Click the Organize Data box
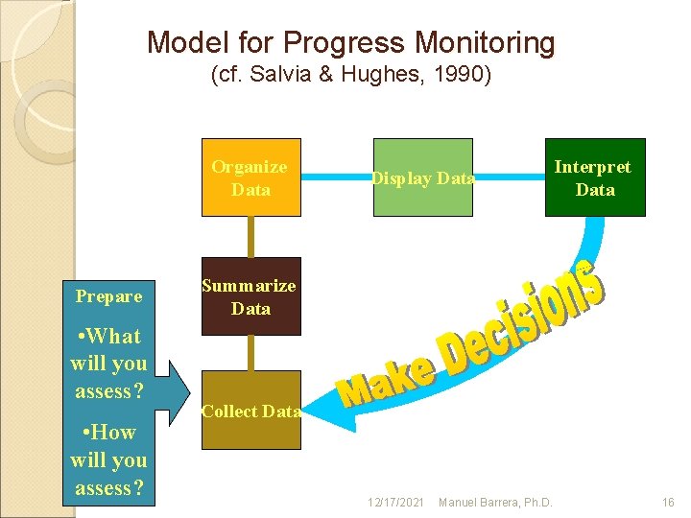point(250,177)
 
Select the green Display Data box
point(422,177)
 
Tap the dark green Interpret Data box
point(595,177)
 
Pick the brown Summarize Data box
point(250,296)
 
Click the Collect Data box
point(250,411)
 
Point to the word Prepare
point(109,296)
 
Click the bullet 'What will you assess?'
point(109,364)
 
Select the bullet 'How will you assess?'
point(109,459)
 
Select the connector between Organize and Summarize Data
point(250,237)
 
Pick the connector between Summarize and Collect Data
point(250,352)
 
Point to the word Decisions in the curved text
point(523,316)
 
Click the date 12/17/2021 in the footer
point(396,503)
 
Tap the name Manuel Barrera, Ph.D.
point(494,503)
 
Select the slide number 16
point(668,503)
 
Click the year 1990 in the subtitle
point(469,75)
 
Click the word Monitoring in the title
point(486,42)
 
